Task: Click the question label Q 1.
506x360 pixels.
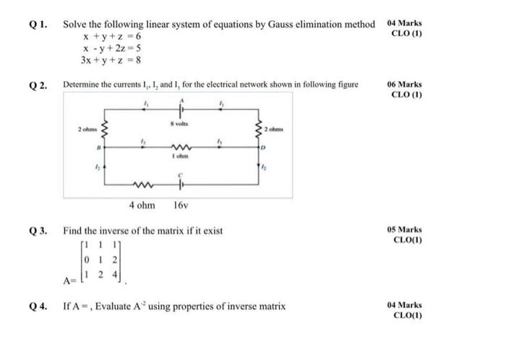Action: coord(38,24)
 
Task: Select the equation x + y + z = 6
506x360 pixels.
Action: coord(112,36)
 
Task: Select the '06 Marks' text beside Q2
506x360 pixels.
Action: coord(405,85)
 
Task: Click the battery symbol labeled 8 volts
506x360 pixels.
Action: coord(182,111)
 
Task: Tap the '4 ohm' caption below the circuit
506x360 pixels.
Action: coord(142,205)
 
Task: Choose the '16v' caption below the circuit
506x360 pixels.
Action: coord(181,205)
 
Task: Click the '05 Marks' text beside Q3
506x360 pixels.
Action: coord(405,231)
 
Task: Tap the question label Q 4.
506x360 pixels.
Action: coord(38,306)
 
